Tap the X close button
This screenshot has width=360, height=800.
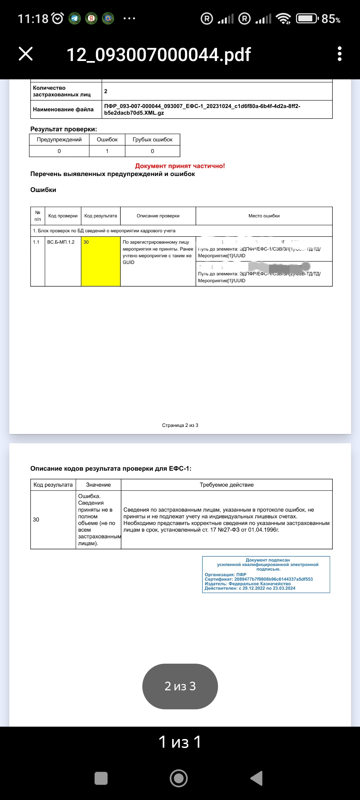tap(26, 54)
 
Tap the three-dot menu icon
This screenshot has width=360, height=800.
tap(339, 54)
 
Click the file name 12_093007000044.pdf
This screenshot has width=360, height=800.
tap(158, 55)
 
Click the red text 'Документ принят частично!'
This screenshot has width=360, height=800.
tap(180, 166)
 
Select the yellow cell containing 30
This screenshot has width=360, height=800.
tap(101, 261)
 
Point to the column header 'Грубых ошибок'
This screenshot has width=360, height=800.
tap(152, 140)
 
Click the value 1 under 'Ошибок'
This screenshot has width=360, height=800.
tap(107, 151)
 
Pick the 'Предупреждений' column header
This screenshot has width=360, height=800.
tap(59, 140)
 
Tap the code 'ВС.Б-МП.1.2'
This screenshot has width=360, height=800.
tap(61, 242)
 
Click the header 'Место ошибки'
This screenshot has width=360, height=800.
tap(264, 216)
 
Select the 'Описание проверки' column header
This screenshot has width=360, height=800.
tap(158, 216)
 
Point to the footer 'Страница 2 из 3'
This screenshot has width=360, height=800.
tap(180, 425)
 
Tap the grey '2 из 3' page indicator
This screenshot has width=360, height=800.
tap(180, 686)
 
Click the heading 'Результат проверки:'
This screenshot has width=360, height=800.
tap(64, 129)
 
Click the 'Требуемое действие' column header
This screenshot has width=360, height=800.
tap(227, 485)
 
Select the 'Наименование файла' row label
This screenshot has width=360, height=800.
tap(63, 109)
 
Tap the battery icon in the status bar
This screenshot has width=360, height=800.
tap(307, 18)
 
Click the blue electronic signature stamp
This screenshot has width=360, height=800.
tap(266, 574)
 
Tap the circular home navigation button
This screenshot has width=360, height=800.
tap(179, 778)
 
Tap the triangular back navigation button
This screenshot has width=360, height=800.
tap(257, 778)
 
